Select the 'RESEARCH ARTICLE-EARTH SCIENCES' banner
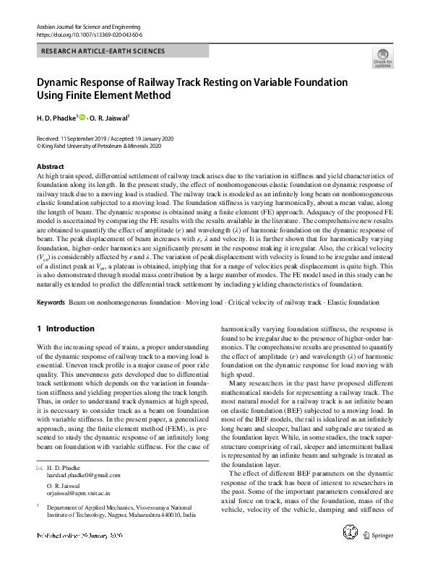pyautogui.click(x=104, y=51)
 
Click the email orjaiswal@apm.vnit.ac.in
pyautogui.click(x=77, y=496)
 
